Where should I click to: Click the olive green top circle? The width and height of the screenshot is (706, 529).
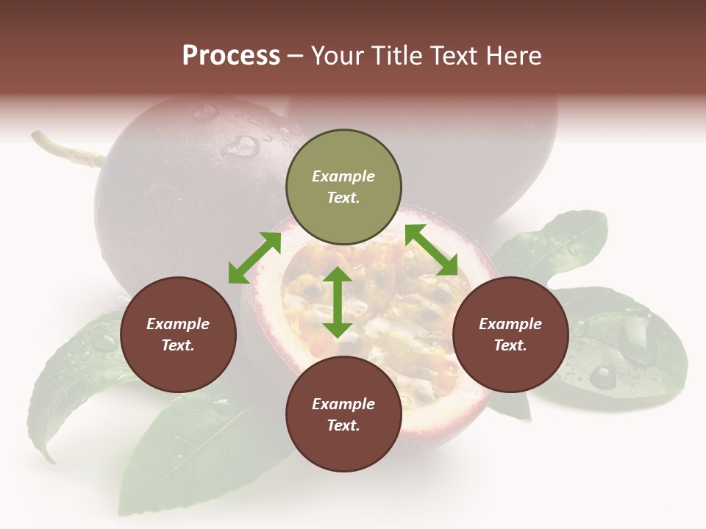(x=343, y=187)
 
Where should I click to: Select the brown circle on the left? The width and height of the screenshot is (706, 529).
(x=178, y=334)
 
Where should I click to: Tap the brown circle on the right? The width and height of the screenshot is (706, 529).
(x=510, y=334)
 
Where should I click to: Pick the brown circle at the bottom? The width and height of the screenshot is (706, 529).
(x=343, y=414)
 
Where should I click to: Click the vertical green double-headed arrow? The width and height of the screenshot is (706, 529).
(x=338, y=301)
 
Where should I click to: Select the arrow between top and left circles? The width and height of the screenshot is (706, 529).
(x=254, y=258)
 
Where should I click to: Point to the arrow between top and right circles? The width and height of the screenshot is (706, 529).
(x=432, y=250)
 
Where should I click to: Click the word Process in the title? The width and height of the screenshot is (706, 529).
(x=231, y=55)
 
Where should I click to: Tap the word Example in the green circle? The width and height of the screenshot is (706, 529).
(x=343, y=176)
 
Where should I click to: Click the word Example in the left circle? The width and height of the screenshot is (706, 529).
(x=178, y=324)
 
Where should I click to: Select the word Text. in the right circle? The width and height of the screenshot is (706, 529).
(x=510, y=345)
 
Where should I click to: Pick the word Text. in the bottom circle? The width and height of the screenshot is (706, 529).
(x=343, y=425)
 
